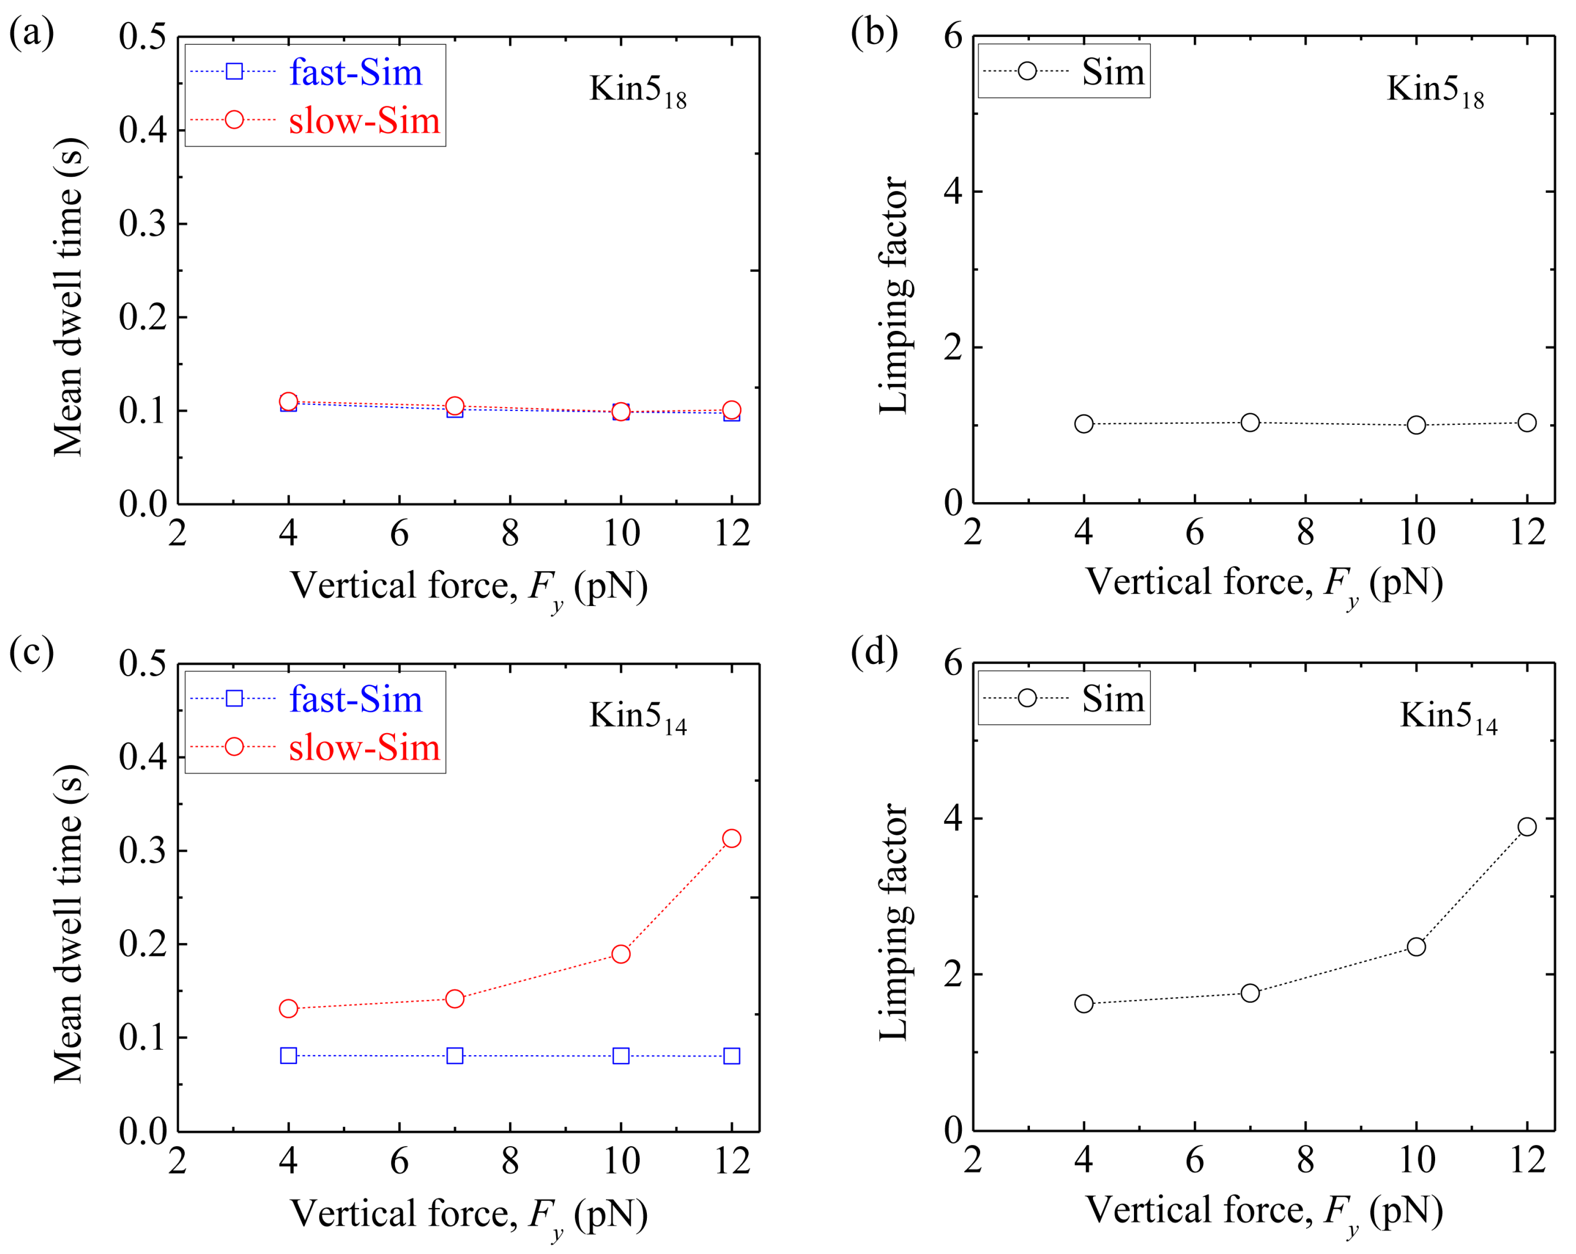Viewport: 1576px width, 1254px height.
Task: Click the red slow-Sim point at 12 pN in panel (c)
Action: click(x=731, y=838)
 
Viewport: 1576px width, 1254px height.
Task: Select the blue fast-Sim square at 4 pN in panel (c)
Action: click(x=289, y=1055)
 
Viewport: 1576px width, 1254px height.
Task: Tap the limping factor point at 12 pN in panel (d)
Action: click(x=1526, y=826)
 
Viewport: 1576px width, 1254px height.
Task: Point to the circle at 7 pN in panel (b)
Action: click(x=1250, y=422)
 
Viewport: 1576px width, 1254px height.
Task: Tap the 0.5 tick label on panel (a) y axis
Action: click(x=143, y=36)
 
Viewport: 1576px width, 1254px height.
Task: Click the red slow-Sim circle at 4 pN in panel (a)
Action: click(x=289, y=401)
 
